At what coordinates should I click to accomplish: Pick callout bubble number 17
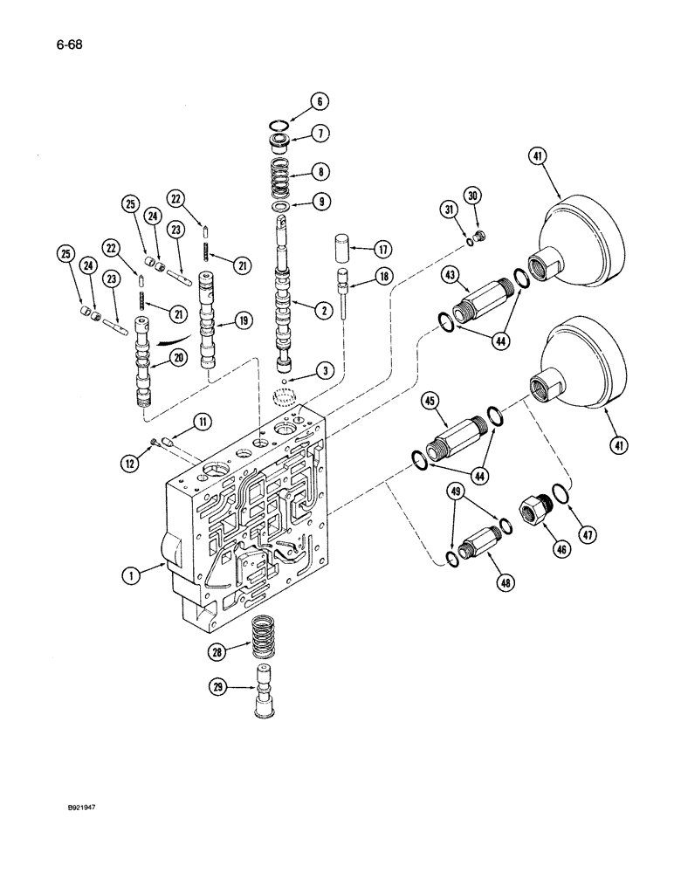click(x=382, y=249)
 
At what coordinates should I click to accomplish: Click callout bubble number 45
click(x=431, y=402)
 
